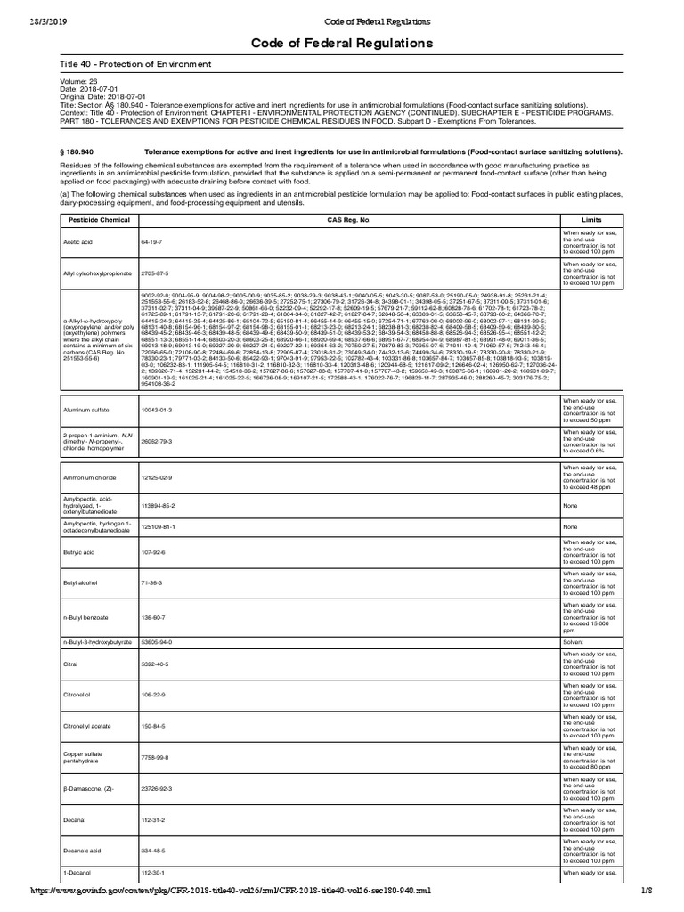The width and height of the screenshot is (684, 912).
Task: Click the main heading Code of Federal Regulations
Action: (x=342, y=43)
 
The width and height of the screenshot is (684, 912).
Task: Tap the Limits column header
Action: (x=591, y=219)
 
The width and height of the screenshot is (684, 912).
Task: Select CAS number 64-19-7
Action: (x=151, y=241)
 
